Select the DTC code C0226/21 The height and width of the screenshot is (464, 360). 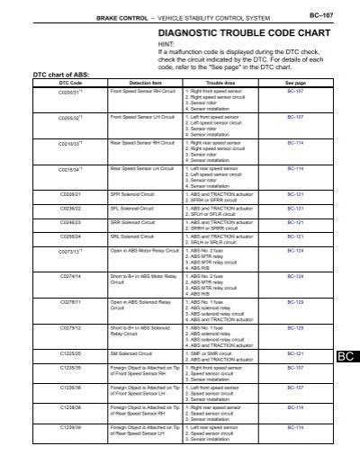pos(44,194)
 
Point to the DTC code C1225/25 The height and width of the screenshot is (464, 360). pos(44,353)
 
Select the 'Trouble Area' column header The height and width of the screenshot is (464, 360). pos(220,82)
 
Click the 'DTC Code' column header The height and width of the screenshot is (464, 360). pos(45,82)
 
